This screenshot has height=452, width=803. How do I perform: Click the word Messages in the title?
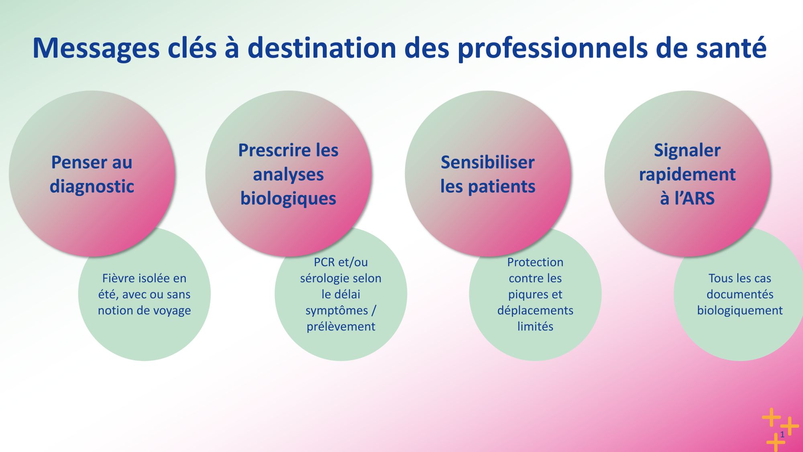pyautogui.click(x=96, y=49)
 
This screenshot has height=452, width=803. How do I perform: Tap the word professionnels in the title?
pyautogui.click(x=552, y=49)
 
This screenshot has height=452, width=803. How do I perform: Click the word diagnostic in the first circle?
pyautogui.click(x=92, y=187)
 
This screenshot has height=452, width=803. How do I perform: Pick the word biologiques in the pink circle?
pyautogui.click(x=288, y=199)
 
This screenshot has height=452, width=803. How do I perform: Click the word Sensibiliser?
pyautogui.click(x=487, y=162)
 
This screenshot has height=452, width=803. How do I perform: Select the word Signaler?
pyautogui.click(x=687, y=151)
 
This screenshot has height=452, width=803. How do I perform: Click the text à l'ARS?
pyautogui.click(x=687, y=198)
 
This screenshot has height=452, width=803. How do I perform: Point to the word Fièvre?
pyautogui.click(x=116, y=278)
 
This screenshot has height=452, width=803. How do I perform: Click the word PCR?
pyautogui.click(x=324, y=262)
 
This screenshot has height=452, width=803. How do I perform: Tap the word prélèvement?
pyautogui.click(x=341, y=327)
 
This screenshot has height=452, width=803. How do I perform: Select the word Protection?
pyautogui.click(x=535, y=262)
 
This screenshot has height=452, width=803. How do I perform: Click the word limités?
pyautogui.click(x=535, y=326)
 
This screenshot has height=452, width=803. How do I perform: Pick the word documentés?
pyautogui.click(x=740, y=294)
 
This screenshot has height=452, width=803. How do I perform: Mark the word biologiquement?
pyautogui.click(x=740, y=311)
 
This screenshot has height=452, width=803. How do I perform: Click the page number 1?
pyautogui.click(x=782, y=434)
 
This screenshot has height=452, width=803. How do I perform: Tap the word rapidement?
pyautogui.click(x=687, y=175)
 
